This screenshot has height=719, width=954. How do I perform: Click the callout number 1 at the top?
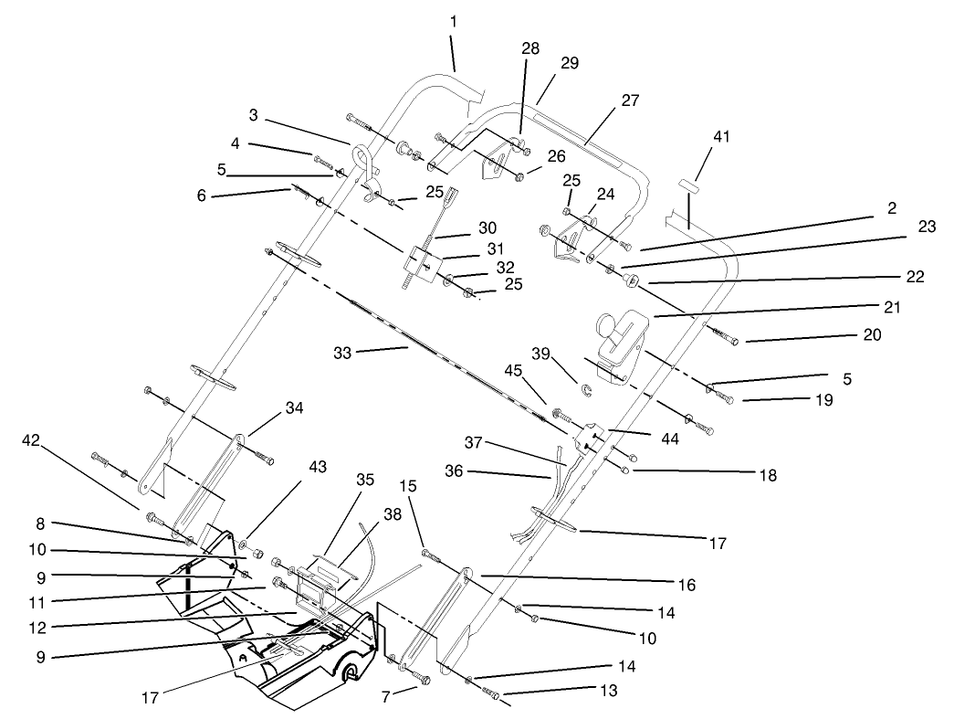pyautogui.click(x=455, y=20)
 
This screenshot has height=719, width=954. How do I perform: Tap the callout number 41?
pyautogui.click(x=722, y=136)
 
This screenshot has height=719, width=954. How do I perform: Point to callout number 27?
pyautogui.click(x=630, y=101)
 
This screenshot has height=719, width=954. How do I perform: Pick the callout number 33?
pyautogui.click(x=370, y=350)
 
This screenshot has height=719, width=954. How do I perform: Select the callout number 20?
pyautogui.click(x=872, y=335)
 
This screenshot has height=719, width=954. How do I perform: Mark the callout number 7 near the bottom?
pyautogui.click(x=387, y=697)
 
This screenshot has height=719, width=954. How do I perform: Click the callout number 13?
pyautogui.click(x=609, y=692)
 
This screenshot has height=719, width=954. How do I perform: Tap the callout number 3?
pyautogui.click(x=254, y=115)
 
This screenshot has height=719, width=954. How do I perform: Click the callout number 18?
pyautogui.click(x=767, y=475)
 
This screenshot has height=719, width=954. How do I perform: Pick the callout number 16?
pyautogui.click(x=687, y=583)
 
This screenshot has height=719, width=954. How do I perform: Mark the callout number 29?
pyautogui.click(x=571, y=64)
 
